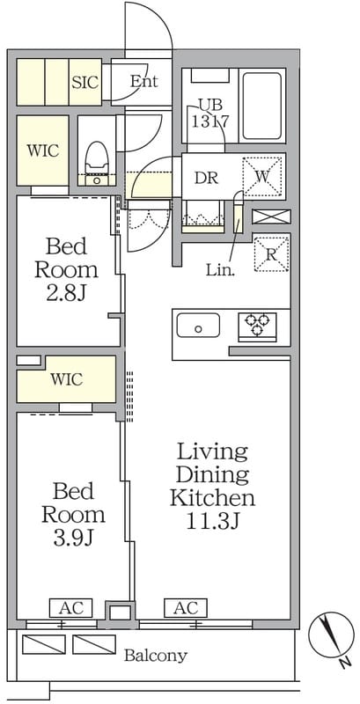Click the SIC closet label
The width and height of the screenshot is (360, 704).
(85, 83)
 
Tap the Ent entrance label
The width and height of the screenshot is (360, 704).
(144, 82)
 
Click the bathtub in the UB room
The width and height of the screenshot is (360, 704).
(262, 106)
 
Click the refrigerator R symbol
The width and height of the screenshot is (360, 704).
(271, 254)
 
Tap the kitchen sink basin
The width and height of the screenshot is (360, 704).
(198, 326)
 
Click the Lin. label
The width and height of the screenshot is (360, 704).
(218, 270)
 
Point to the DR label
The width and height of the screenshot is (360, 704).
(207, 179)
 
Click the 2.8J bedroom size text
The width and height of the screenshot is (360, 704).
(66, 294)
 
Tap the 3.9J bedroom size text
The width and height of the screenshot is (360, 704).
(73, 538)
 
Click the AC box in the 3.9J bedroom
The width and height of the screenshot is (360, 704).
(70, 608)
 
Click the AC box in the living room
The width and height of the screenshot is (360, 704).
(186, 608)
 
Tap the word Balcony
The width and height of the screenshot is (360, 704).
(155, 656)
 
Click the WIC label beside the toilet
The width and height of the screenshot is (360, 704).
(42, 150)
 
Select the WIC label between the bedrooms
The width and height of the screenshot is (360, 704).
(66, 380)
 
